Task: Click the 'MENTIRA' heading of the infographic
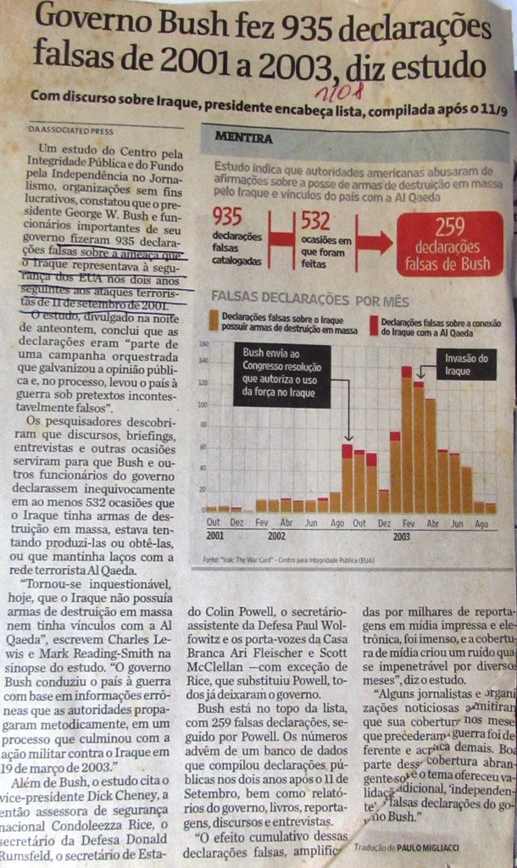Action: pyautogui.click(x=243, y=138)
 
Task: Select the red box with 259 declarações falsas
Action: pyautogui.click(x=449, y=243)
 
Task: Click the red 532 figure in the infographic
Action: pyautogui.click(x=314, y=221)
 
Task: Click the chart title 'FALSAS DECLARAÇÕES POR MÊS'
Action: pyautogui.click(x=309, y=300)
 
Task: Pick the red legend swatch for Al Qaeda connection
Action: pyautogui.click(x=373, y=322)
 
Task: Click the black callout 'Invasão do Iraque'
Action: pyautogui.click(x=466, y=364)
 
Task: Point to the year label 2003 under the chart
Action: pyautogui.click(x=401, y=537)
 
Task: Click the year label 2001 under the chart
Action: pyautogui.click(x=214, y=536)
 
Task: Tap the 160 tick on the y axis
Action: pyautogui.click(x=203, y=344)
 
